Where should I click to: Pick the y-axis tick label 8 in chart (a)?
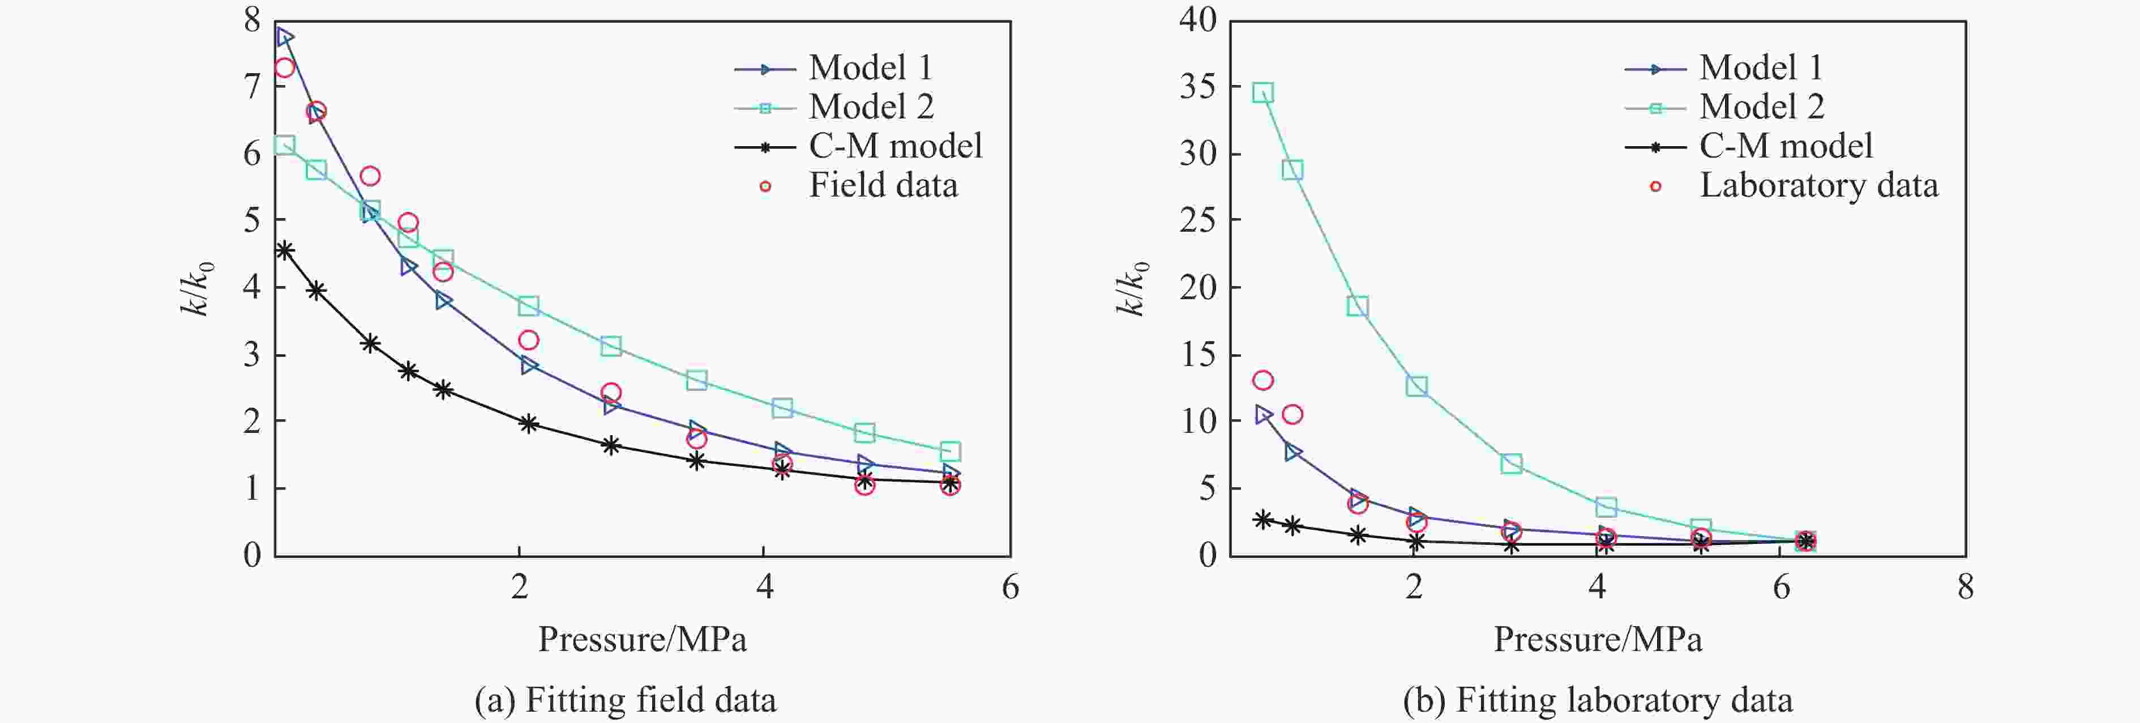coord(252,20)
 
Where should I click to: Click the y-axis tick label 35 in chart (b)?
coord(1197,87)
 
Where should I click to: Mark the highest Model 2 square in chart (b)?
coord(1262,92)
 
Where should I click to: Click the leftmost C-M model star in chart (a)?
coord(285,250)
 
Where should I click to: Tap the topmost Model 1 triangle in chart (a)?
coord(285,37)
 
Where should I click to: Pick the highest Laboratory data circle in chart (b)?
coord(1262,381)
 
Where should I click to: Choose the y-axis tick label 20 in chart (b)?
coord(1197,287)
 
